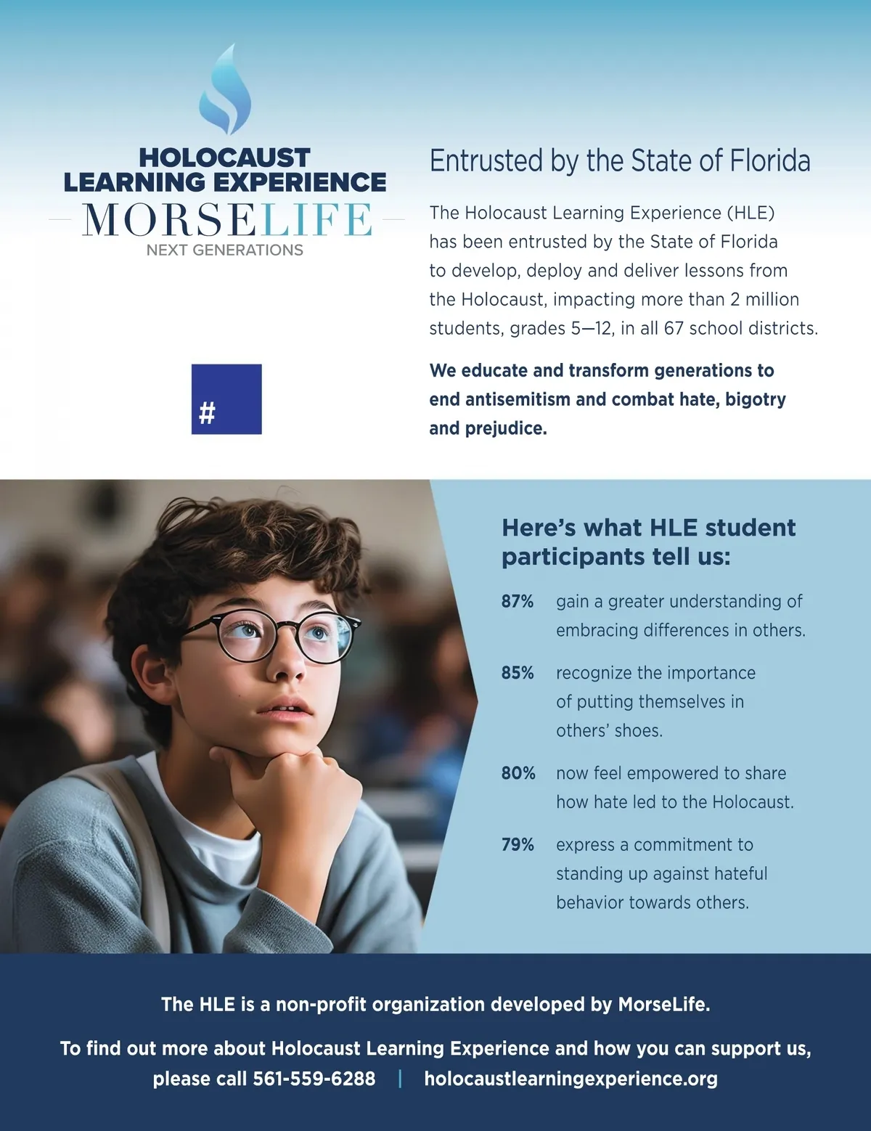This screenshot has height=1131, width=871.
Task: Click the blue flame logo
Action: tap(226, 91)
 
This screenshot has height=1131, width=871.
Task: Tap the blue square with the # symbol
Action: tap(226, 399)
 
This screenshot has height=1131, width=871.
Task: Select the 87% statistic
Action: tap(517, 601)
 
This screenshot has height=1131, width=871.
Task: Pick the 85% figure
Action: tap(517, 673)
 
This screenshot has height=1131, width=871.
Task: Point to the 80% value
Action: tap(518, 773)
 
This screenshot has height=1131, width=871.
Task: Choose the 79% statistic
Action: tap(517, 845)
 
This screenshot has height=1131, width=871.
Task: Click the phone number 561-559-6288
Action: tap(314, 1079)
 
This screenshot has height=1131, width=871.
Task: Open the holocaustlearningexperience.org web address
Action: tap(571, 1079)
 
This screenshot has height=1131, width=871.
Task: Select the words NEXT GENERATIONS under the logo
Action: tap(225, 250)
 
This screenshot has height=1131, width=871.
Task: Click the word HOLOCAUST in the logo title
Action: tap(225, 158)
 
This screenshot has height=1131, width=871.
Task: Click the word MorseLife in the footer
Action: tap(663, 1005)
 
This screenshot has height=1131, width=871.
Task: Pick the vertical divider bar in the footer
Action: tap(400, 1079)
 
